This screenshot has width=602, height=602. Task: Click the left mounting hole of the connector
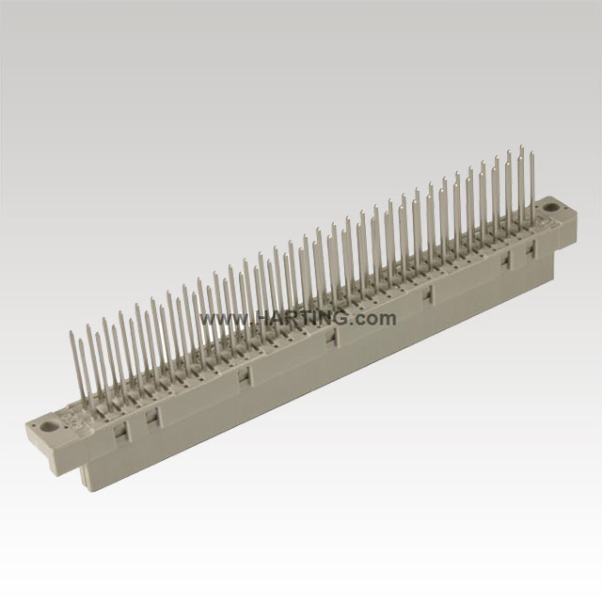(49, 426)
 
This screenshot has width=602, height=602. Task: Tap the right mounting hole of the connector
(551, 207)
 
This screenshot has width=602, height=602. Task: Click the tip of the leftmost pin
(71, 331)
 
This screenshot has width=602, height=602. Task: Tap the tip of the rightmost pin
(532, 152)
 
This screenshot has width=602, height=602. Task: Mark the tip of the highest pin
(522, 147)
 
